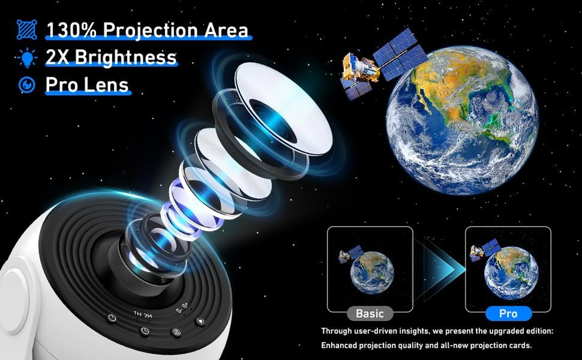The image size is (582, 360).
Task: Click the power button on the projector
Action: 112,319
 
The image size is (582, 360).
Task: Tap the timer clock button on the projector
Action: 144,331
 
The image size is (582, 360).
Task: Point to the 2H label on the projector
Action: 148,315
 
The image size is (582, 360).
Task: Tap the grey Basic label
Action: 370,313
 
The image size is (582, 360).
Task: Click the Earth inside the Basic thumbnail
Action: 372,273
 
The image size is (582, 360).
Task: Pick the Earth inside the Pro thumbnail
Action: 511,272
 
